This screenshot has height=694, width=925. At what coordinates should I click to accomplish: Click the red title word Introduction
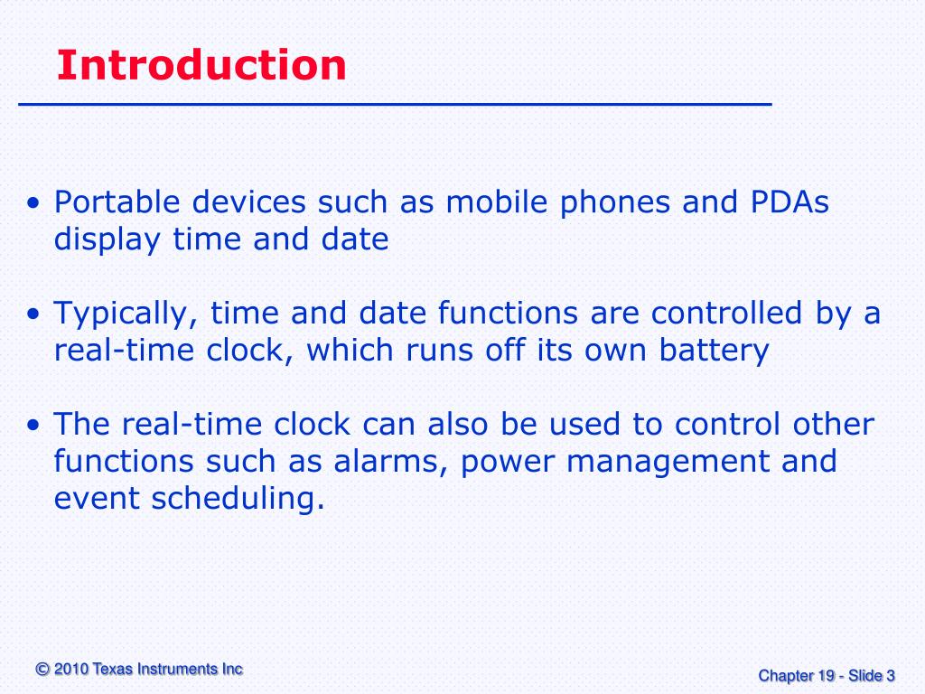click(x=201, y=66)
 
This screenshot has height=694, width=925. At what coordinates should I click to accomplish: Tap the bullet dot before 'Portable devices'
click(x=33, y=204)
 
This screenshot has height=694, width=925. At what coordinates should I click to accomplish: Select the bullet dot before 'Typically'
click(x=33, y=315)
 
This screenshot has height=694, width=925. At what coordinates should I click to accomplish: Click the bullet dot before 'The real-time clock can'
click(x=33, y=426)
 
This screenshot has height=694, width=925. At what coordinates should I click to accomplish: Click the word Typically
click(x=126, y=315)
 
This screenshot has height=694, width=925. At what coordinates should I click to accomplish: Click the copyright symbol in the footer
click(x=42, y=670)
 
